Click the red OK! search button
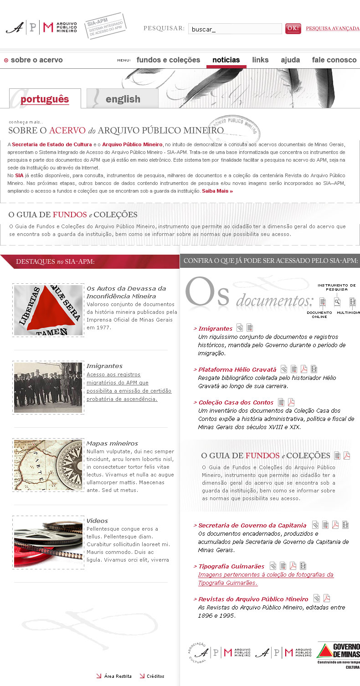click(x=293, y=29)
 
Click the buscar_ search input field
click(x=235, y=29)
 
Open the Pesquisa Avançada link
click(x=333, y=29)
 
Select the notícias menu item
click(x=226, y=60)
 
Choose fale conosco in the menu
click(x=334, y=60)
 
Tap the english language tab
click(x=123, y=99)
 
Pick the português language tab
click(x=45, y=99)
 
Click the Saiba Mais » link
click(x=217, y=191)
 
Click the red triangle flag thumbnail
click(x=48, y=310)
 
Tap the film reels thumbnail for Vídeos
click(x=48, y=542)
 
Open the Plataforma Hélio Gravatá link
click(x=237, y=370)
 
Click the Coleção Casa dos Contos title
click(x=236, y=403)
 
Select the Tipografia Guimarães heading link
click(x=231, y=567)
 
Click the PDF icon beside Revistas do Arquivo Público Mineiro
click(x=326, y=599)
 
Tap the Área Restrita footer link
click(x=118, y=676)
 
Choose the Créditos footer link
click(x=155, y=676)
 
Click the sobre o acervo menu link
click(x=36, y=60)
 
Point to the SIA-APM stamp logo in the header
click(x=106, y=26)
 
